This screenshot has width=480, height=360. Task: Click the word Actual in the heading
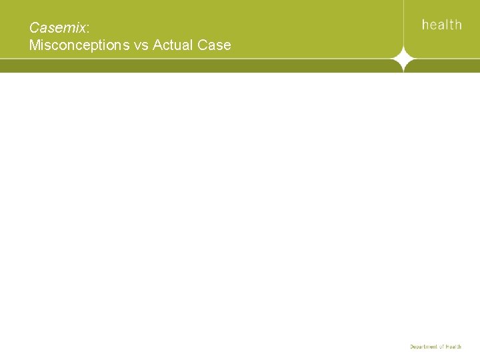pos(175,45)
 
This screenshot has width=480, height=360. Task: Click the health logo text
pos(441,25)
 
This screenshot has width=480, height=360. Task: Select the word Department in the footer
pos(423,347)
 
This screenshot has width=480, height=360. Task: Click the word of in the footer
pos(442,347)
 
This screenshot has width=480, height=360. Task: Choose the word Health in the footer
pos(454,347)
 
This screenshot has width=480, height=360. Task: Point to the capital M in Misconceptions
pos(34,45)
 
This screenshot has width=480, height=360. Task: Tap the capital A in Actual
pos(157,45)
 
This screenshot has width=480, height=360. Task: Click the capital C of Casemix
pos(34,28)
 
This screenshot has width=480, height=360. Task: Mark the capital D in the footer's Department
pos(411,347)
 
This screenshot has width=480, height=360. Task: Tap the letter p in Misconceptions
pos(97,47)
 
